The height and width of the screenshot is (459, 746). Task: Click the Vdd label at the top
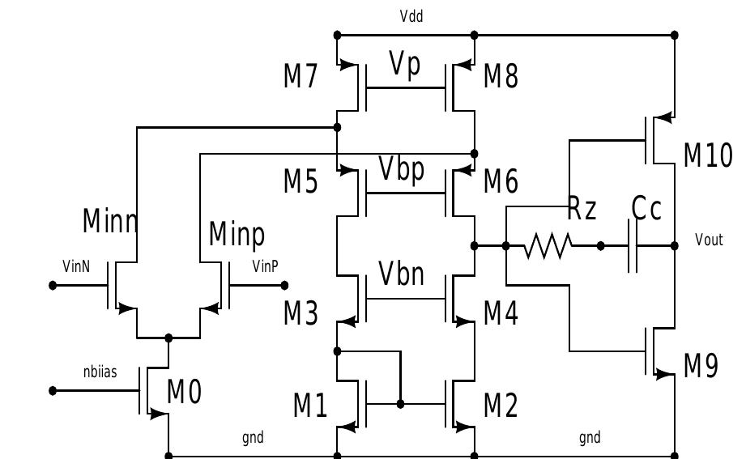(x=411, y=16)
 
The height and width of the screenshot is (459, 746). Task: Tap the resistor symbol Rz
(x=548, y=245)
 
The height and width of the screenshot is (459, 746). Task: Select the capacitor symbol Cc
(x=633, y=245)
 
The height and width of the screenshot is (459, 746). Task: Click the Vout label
(x=709, y=240)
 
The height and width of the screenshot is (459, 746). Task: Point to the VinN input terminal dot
(x=53, y=285)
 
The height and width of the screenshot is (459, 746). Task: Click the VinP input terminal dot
(x=284, y=285)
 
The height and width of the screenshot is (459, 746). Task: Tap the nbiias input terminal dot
(x=53, y=390)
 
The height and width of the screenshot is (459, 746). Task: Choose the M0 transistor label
(x=184, y=393)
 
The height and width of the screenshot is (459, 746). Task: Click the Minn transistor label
(x=110, y=220)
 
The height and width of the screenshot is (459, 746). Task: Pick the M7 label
(x=301, y=77)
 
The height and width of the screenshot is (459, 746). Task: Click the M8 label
(x=501, y=77)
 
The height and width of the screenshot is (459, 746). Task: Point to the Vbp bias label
(x=402, y=170)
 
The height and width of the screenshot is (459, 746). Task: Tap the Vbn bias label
(x=402, y=274)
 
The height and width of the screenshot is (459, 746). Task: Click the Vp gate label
(x=405, y=65)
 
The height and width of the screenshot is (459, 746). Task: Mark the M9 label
(x=701, y=367)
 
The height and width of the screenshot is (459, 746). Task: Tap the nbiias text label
(x=100, y=372)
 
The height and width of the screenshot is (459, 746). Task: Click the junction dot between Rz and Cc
(x=600, y=245)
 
